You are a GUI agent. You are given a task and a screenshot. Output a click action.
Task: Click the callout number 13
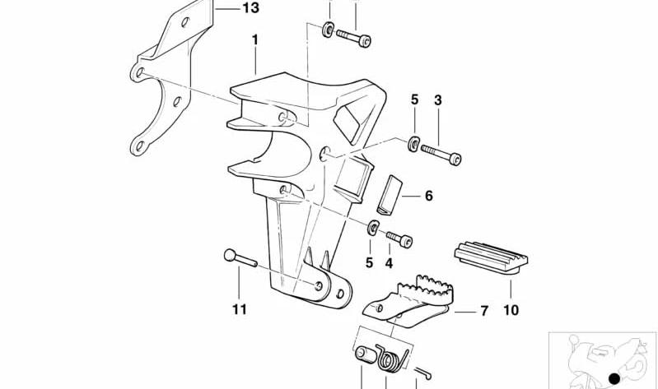coord(251,8)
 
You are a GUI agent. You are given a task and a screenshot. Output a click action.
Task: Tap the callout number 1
coord(254,39)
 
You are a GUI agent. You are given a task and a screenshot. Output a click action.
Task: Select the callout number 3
coord(438,100)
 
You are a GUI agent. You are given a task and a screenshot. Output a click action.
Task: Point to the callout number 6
coord(428,196)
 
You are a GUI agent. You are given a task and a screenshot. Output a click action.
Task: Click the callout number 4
coord(389,263)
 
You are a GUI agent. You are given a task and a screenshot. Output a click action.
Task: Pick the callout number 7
coord(484,311)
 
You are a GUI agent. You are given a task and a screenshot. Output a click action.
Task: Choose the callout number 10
coord(511,310)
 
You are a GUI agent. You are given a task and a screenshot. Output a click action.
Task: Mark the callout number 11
coord(240,310)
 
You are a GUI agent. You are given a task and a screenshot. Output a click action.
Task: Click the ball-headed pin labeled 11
coord(240,258)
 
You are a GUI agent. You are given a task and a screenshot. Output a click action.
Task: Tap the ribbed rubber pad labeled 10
coord(491,257)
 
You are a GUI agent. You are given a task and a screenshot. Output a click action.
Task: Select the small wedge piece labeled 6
coord(390,195)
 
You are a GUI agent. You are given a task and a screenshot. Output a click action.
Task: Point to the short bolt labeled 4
coord(399,239)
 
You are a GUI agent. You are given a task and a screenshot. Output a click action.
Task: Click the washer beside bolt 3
coord(413,143)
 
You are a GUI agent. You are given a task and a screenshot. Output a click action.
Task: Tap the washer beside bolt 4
coord(373,228)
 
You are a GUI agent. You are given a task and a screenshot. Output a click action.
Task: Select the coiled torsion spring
coord(392,359)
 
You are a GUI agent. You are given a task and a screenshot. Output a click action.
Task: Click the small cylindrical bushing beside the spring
coord(366,354)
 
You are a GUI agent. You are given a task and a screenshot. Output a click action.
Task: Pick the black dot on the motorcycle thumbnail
coord(614,378)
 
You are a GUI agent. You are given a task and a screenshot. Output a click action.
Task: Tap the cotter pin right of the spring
coord(423,373)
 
